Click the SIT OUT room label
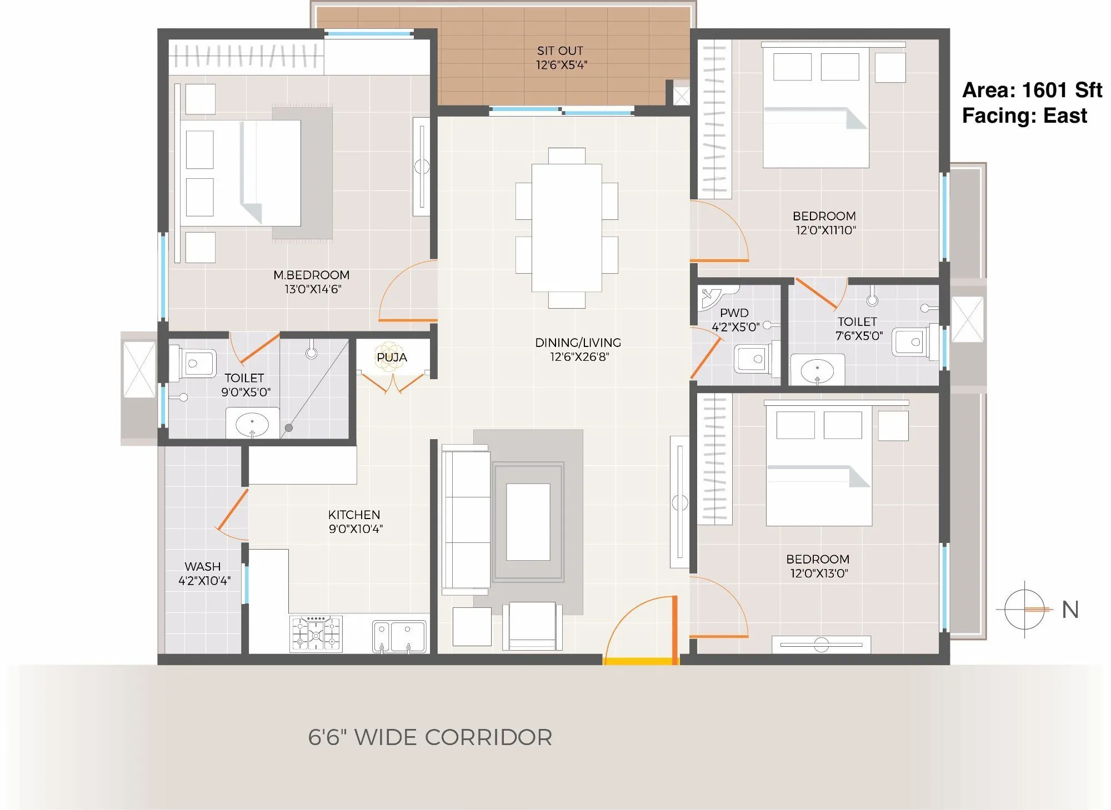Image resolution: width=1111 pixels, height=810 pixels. point(560,51)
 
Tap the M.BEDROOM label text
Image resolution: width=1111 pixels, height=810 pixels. point(311,275)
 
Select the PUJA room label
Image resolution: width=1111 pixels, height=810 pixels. point(392,358)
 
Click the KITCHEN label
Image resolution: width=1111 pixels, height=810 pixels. point(354,515)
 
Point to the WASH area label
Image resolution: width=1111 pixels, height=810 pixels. point(203,567)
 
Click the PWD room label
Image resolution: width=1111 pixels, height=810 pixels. point(734,313)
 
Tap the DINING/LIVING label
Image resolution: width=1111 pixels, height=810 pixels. point(578,343)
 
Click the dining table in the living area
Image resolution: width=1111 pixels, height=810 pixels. point(566,228)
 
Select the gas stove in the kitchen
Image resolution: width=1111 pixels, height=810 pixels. point(316,633)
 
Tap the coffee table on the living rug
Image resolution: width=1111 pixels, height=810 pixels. point(528,522)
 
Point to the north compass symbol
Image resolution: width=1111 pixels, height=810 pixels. point(1025,610)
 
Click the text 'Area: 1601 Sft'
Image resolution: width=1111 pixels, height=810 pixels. point(1032,90)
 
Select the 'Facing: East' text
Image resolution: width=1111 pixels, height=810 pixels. point(1024,115)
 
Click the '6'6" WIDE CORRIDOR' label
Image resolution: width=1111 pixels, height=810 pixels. point(430,737)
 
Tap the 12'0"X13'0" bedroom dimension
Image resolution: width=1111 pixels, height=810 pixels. point(819,573)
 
